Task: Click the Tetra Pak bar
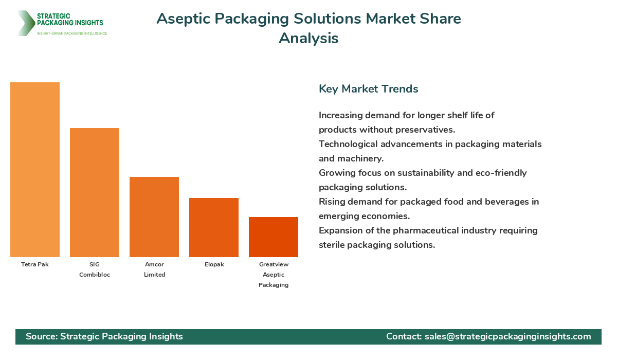pyautogui.click(x=35, y=170)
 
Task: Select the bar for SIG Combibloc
pyautogui.click(x=95, y=192)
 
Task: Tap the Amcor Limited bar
pyautogui.click(x=154, y=217)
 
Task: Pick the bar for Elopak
pyautogui.click(x=214, y=227)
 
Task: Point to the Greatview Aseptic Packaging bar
pyautogui.click(x=274, y=237)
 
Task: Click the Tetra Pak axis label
pyautogui.click(x=35, y=264)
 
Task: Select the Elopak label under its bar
pyautogui.click(x=214, y=264)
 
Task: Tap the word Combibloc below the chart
pyautogui.click(x=95, y=275)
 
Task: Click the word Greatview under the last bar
pyautogui.click(x=274, y=264)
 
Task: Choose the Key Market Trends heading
pyautogui.click(x=368, y=88)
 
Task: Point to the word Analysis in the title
pyautogui.click(x=308, y=38)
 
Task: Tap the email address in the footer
pyautogui.click(x=507, y=336)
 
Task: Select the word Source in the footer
pyautogui.click(x=41, y=336)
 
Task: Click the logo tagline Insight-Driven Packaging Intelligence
pyautogui.click(x=72, y=33)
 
